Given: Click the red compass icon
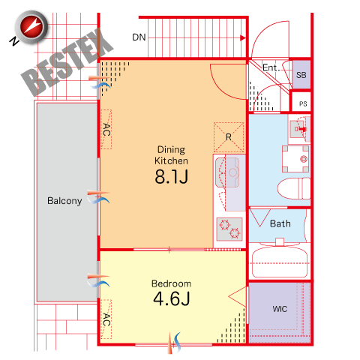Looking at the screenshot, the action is pos(31,27).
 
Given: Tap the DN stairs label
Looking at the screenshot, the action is pos(139,37).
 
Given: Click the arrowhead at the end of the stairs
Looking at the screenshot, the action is pos(243,38).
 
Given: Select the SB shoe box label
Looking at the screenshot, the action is pos(301,75).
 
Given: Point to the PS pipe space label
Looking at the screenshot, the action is pos(303,103).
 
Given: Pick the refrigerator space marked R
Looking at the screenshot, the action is pos(229,137).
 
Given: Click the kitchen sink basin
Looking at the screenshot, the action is pos(227,172).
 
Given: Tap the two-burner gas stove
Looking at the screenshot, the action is pos(229,229).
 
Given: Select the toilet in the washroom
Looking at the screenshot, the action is pos(294,188).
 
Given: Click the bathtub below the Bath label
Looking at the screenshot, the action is pos(280,263).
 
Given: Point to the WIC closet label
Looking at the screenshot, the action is pos(280,309).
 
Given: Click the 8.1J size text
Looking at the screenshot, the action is pos(172,177).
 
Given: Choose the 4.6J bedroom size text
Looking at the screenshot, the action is pos(172,298).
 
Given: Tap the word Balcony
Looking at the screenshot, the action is pos(64,201).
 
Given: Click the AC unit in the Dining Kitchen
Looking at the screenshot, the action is pos(106,129).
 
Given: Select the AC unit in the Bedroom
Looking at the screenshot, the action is pos(106,319).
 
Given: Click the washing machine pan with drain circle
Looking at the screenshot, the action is pos(295,159).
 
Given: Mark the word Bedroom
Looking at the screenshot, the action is pos(172,283).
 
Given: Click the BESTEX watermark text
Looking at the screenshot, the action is pos(67,62).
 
